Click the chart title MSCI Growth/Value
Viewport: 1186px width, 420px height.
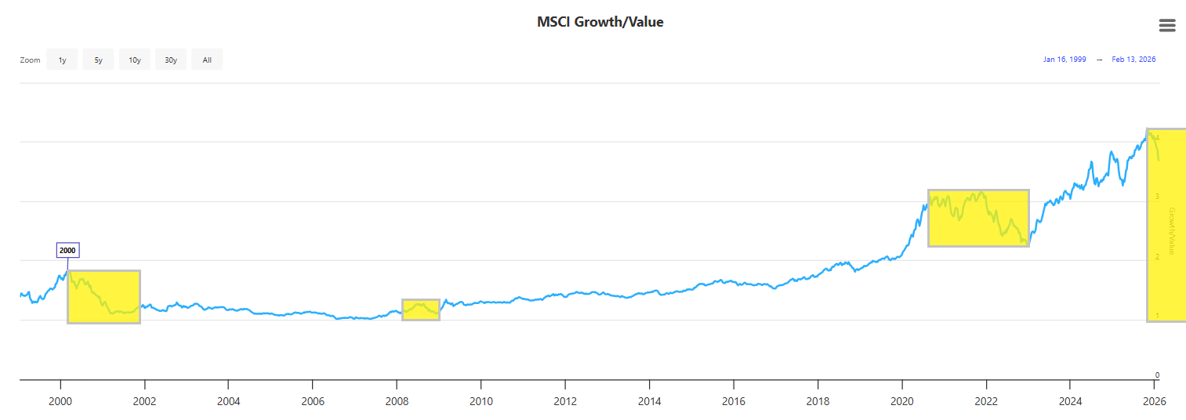[x=600, y=22]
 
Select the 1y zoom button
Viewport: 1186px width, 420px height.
[x=62, y=60]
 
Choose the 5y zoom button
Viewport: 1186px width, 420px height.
[x=98, y=60]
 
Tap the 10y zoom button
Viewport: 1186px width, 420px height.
[x=134, y=60]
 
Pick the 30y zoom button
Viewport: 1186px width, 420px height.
[x=170, y=60]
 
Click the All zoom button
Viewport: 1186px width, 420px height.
[x=207, y=60]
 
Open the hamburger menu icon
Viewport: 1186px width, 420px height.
[x=1167, y=25]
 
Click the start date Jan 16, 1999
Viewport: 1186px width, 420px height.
[x=1064, y=60]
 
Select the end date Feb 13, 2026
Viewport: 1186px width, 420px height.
[x=1133, y=60]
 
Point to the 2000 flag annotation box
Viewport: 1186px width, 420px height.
[x=68, y=251]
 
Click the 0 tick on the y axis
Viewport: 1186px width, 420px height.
[x=1157, y=375]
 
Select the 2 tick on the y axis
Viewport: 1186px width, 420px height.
[x=1157, y=257]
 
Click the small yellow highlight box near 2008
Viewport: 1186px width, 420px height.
[x=421, y=310]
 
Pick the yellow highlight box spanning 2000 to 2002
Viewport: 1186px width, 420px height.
[x=103, y=297]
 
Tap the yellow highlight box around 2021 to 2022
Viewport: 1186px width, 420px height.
[x=978, y=218]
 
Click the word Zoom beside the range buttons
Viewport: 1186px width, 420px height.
[x=30, y=60]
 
